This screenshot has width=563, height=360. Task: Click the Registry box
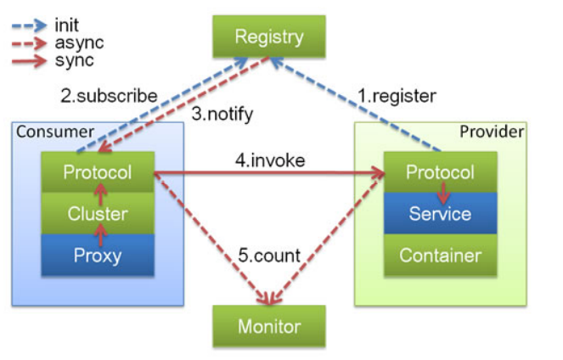(269, 37)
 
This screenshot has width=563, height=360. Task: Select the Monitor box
(269, 326)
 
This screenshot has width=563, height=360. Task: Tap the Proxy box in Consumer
(98, 256)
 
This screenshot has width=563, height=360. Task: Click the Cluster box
(98, 214)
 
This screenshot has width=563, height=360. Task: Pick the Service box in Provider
(440, 214)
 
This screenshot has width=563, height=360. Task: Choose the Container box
(440, 256)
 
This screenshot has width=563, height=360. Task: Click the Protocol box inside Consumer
(98, 172)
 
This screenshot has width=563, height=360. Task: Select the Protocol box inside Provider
(440, 172)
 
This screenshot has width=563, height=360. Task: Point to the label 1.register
(397, 96)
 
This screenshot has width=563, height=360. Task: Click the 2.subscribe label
(109, 96)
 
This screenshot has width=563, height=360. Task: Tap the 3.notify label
(222, 115)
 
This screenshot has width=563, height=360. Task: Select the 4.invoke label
(270, 160)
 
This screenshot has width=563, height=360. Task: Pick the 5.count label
(269, 256)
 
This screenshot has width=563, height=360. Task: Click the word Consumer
(55, 132)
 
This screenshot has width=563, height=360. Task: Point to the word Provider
(492, 132)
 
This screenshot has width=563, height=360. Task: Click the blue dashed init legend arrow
(29, 25)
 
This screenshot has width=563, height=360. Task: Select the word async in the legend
(79, 43)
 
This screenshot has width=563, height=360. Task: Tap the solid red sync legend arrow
(29, 61)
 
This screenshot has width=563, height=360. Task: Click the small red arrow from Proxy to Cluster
(100, 234)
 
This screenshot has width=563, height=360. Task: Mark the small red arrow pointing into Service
(443, 193)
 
